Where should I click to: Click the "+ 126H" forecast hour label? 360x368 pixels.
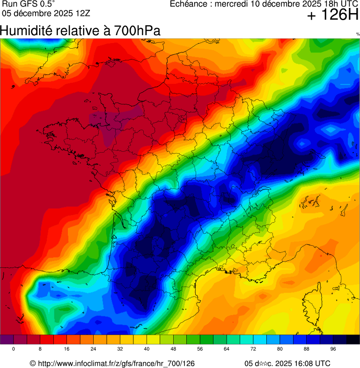pyautogui.click(x=333, y=15)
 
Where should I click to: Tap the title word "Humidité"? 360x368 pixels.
pyautogui.click(x=26, y=31)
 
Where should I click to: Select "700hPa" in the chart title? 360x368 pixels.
pyautogui.click(x=137, y=31)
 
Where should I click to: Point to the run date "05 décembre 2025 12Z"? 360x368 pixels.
pyautogui.click(x=46, y=13)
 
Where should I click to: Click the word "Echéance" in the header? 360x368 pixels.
pyautogui.click(x=189, y=4)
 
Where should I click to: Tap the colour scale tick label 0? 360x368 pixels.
pyautogui.click(x=13, y=349)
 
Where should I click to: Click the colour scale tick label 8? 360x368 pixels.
pyautogui.click(x=40, y=349)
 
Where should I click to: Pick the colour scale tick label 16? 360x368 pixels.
pyautogui.click(x=67, y=349)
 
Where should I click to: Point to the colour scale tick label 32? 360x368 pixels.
pyautogui.click(x=120, y=349)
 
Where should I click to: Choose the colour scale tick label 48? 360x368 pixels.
pyautogui.click(x=173, y=349)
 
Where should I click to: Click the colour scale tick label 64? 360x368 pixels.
pyautogui.click(x=227, y=349)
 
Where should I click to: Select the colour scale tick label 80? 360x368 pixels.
pyautogui.click(x=280, y=349)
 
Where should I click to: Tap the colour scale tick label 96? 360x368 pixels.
pyautogui.click(x=333, y=349)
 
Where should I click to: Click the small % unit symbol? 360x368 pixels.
pyautogui.click(x=358, y=34)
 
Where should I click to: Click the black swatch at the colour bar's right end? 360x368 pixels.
pyautogui.click(x=353, y=339)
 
